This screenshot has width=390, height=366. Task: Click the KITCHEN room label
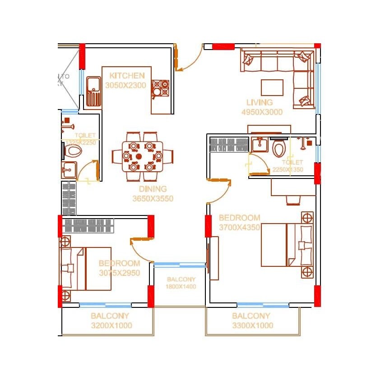[127, 76]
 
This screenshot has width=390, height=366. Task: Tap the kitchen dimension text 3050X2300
[125, 85]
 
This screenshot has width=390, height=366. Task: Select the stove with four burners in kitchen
[160, 88]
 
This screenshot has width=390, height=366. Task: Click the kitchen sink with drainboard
[93, 91]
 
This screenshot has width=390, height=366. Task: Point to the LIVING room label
[260, 102]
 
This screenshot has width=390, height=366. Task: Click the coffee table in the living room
[272, 87]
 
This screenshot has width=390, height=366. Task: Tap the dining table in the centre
[143, 156]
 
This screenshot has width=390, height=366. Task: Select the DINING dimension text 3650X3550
[153, 198]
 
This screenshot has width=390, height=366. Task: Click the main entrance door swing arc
[192, 59]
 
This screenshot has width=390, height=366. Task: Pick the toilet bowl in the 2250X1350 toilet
[279, 148]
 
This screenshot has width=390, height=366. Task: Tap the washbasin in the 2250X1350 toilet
[259, 145]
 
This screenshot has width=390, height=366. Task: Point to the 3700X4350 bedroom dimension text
[239, 228]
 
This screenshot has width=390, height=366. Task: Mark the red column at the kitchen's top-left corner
[82, 56]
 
